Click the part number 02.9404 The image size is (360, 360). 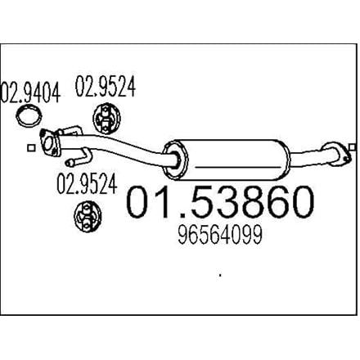(30, 92)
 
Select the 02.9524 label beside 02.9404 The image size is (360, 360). (106, 87)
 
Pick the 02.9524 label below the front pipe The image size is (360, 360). (87, 183)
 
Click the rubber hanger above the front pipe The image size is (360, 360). (106, 119)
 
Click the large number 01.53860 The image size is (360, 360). (220, 201)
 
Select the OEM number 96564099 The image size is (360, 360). (220, 235)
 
